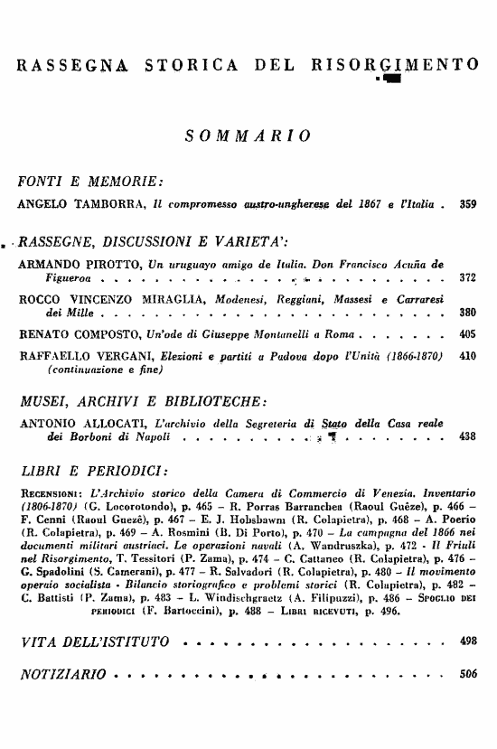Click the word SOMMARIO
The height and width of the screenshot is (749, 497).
pos(248,136)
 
